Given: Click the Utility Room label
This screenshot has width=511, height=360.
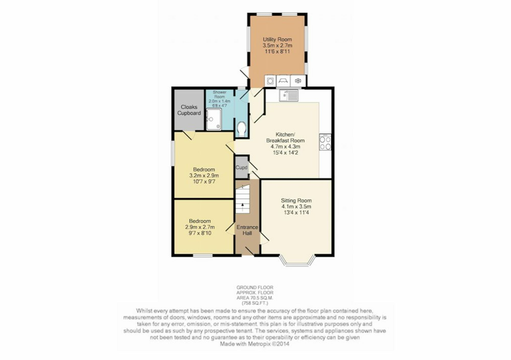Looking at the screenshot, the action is click(x=277, y=39).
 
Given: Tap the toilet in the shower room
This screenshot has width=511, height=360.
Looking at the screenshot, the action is click(x=241, y=129).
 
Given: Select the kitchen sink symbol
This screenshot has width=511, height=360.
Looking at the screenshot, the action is click(x=288, y=95).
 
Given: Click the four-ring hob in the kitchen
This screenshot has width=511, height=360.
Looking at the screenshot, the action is click(x=325, y=142).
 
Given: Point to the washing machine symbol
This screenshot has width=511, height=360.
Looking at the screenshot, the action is click(x=270, y=81).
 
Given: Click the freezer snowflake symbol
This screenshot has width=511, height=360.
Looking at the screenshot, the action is click(x=298, y=81).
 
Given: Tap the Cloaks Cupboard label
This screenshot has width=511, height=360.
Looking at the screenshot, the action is click(x=189, y=110).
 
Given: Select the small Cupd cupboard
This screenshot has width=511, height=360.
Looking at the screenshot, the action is click(x=241, y=167).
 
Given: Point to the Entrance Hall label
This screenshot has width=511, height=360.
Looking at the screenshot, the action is click(x=247, y=230).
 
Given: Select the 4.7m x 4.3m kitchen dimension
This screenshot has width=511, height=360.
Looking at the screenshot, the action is click(x=285, y=147).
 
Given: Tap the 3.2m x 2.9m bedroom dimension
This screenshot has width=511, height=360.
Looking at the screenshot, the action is click(x=204, y=175).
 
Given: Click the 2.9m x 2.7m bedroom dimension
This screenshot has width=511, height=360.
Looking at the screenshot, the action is click(x=200, y=227).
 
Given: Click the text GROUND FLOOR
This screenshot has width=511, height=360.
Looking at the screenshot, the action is click(x=255, y=287).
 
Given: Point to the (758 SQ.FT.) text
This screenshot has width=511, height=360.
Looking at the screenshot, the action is click(x=255, y=303).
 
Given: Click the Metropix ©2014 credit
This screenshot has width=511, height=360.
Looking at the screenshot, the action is click(x=269, y=344).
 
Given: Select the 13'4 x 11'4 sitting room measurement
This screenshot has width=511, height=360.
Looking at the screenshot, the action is click(x=296, y=212).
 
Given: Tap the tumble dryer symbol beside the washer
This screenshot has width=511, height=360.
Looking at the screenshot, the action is click(x=283, y=81).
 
